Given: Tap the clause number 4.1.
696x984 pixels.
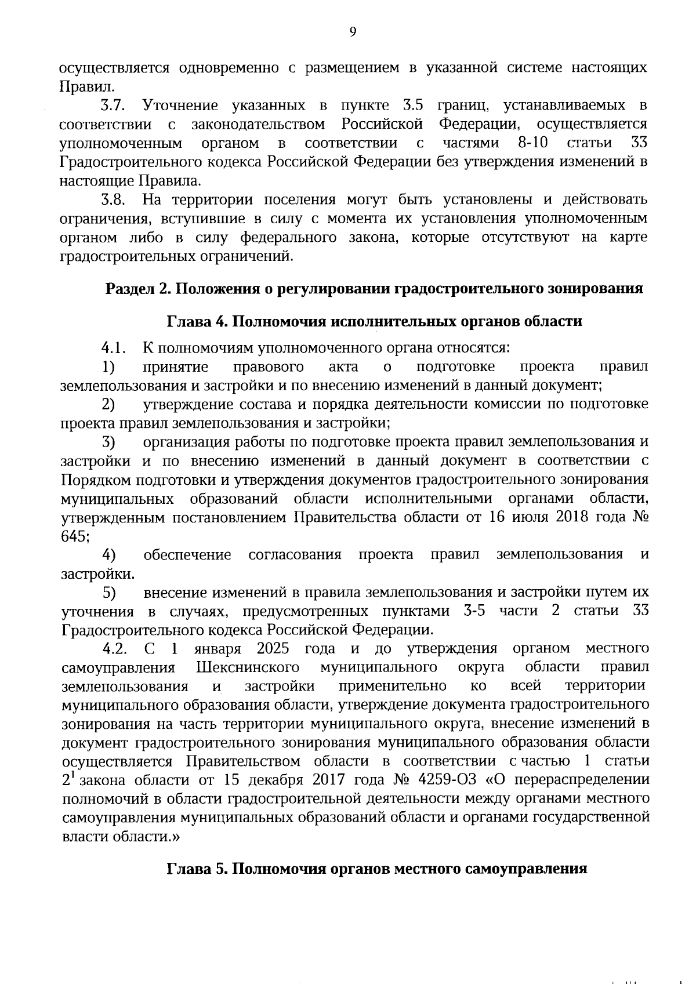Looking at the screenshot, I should (x=114, y=348).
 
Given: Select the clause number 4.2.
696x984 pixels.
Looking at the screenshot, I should (x=114, y=648).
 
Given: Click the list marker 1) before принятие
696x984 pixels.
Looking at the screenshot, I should (x=108, y=366).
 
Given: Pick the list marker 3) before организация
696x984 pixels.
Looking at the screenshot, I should (x=108, y=442).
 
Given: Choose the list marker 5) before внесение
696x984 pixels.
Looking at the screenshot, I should (x=109, y=592).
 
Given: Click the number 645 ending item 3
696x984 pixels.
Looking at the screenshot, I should (x=74, y=536).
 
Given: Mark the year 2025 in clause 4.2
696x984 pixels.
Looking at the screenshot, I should (x=273, y=648).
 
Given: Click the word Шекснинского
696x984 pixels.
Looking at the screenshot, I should (x=248, y=667).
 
